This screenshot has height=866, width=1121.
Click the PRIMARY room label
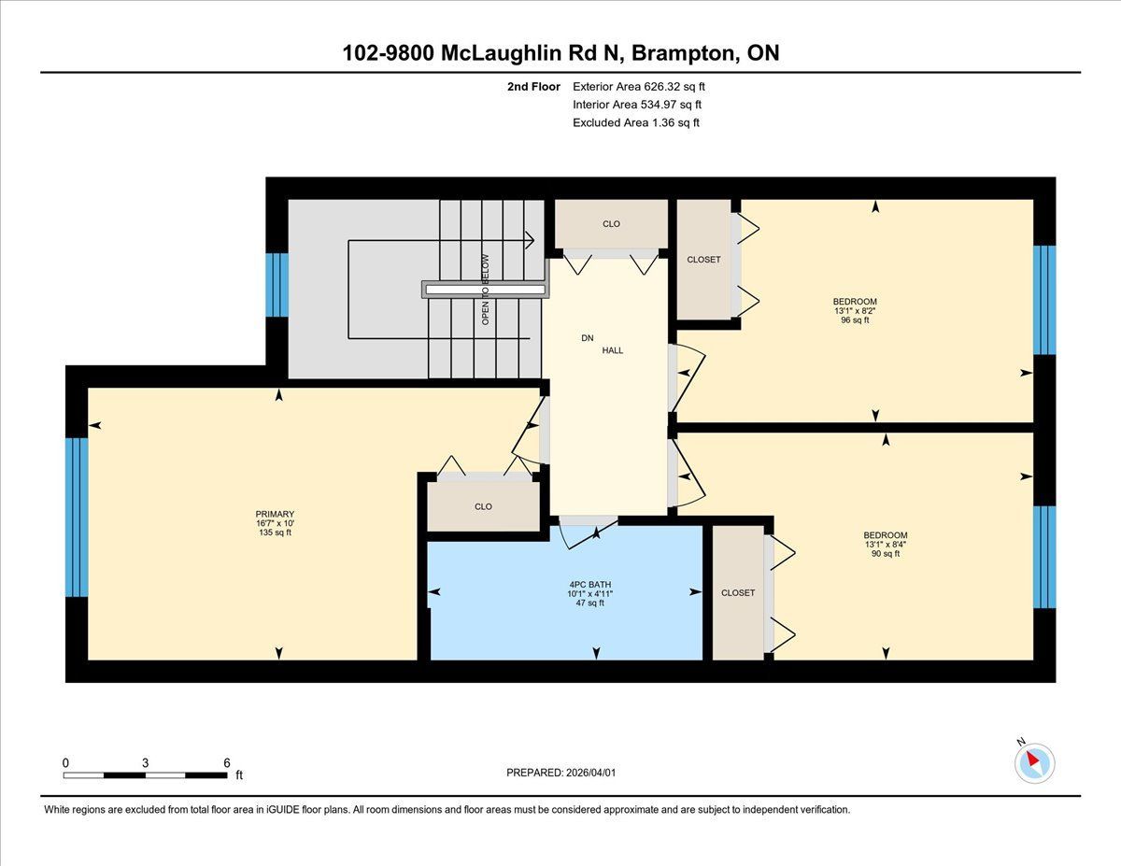275,514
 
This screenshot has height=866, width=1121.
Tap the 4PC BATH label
590,585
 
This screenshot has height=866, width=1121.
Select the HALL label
613,350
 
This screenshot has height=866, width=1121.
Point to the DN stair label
587,338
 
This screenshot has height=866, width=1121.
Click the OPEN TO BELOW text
485,290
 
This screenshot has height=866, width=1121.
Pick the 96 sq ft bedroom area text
855,319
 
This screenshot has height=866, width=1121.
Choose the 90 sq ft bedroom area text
886,553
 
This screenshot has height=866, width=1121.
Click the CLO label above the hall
611,224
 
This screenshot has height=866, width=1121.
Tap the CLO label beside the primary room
483,506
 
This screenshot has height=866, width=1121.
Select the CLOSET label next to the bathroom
738,592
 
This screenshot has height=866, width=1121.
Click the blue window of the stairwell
277,285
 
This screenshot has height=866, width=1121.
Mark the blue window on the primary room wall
77,518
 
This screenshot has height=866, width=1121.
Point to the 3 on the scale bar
146,763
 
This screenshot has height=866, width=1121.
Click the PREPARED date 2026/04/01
591,773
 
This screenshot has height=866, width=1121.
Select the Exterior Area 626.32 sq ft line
639,87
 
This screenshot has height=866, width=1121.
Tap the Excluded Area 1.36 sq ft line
636,122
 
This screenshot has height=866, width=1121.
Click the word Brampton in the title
684,53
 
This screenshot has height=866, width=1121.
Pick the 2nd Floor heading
533,87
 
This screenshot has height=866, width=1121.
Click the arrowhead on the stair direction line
530,240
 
